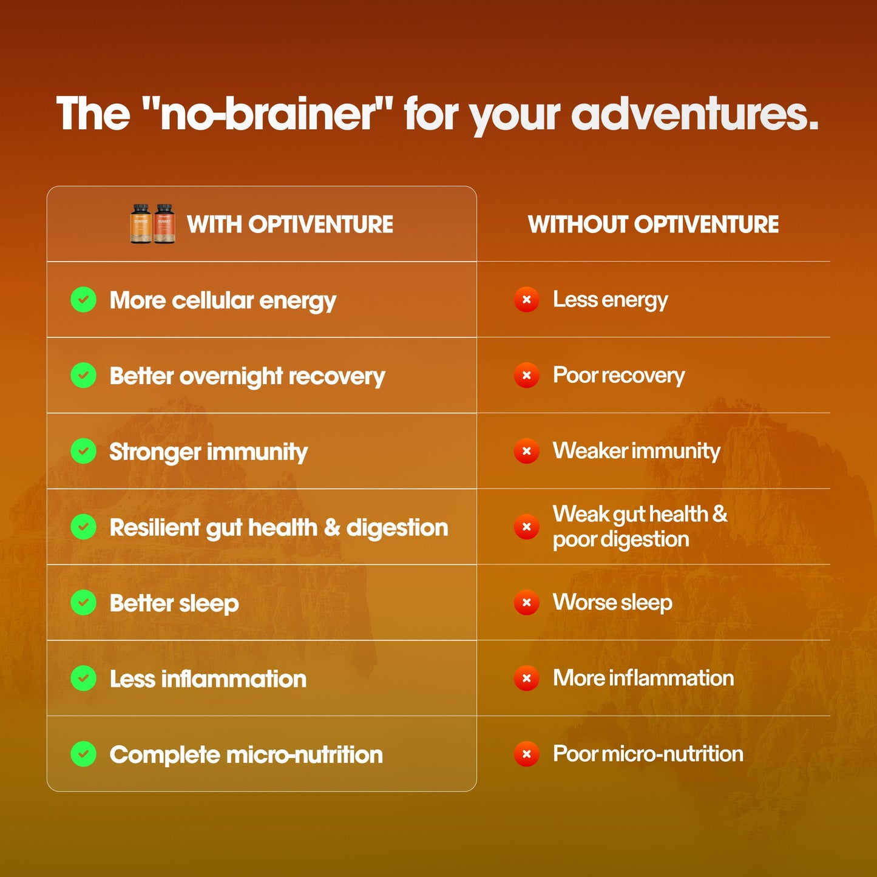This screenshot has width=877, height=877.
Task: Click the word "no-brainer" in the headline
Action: click(x=267, y=114)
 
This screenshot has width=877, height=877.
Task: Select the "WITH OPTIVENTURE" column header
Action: click(x=290, y=225)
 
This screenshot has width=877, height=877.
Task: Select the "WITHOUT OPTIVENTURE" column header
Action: click(x=653, y=225)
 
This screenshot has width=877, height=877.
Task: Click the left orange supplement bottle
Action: click(x=141, y=224)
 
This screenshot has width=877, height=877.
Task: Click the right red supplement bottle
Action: click(x=164, y=224)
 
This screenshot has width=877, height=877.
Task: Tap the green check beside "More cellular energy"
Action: click(x=84, y=300)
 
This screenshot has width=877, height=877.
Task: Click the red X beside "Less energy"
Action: click(x=526, y=300)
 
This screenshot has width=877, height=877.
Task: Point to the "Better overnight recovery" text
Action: click(x=247, y=376)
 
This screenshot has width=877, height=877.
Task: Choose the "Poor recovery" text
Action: click(x=618, y=376)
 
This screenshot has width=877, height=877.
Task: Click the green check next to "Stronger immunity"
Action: click(x=84, y=452)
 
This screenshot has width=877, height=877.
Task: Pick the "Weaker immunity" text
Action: click(x=636, y=451)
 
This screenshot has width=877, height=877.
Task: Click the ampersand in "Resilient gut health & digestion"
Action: click(x=332, y=527)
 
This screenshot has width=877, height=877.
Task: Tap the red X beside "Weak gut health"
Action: click(x=526, y=527)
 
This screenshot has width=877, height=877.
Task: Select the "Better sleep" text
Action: click(x=174, y=603)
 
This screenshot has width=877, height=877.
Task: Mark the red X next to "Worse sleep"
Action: click(x=526, y=603)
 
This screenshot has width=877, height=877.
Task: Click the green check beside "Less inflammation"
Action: click(x=84, y=679)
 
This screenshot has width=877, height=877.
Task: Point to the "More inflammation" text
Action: click(x=643, y=678)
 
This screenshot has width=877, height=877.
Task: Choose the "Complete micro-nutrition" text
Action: click(x=246, y=754)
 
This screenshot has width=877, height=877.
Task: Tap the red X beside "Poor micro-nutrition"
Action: click(x=526, y=754)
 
